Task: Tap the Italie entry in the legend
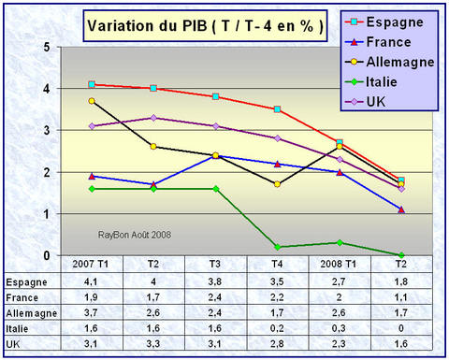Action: tap(389, 82)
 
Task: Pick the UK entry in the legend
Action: tap(384, 102)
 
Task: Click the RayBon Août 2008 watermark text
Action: tap(140, 236)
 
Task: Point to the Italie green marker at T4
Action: tap(277, 247)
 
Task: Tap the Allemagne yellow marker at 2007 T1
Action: tap(91, 101)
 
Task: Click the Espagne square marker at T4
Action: tap(277, 109)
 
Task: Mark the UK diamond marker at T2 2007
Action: tap(152, 118)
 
